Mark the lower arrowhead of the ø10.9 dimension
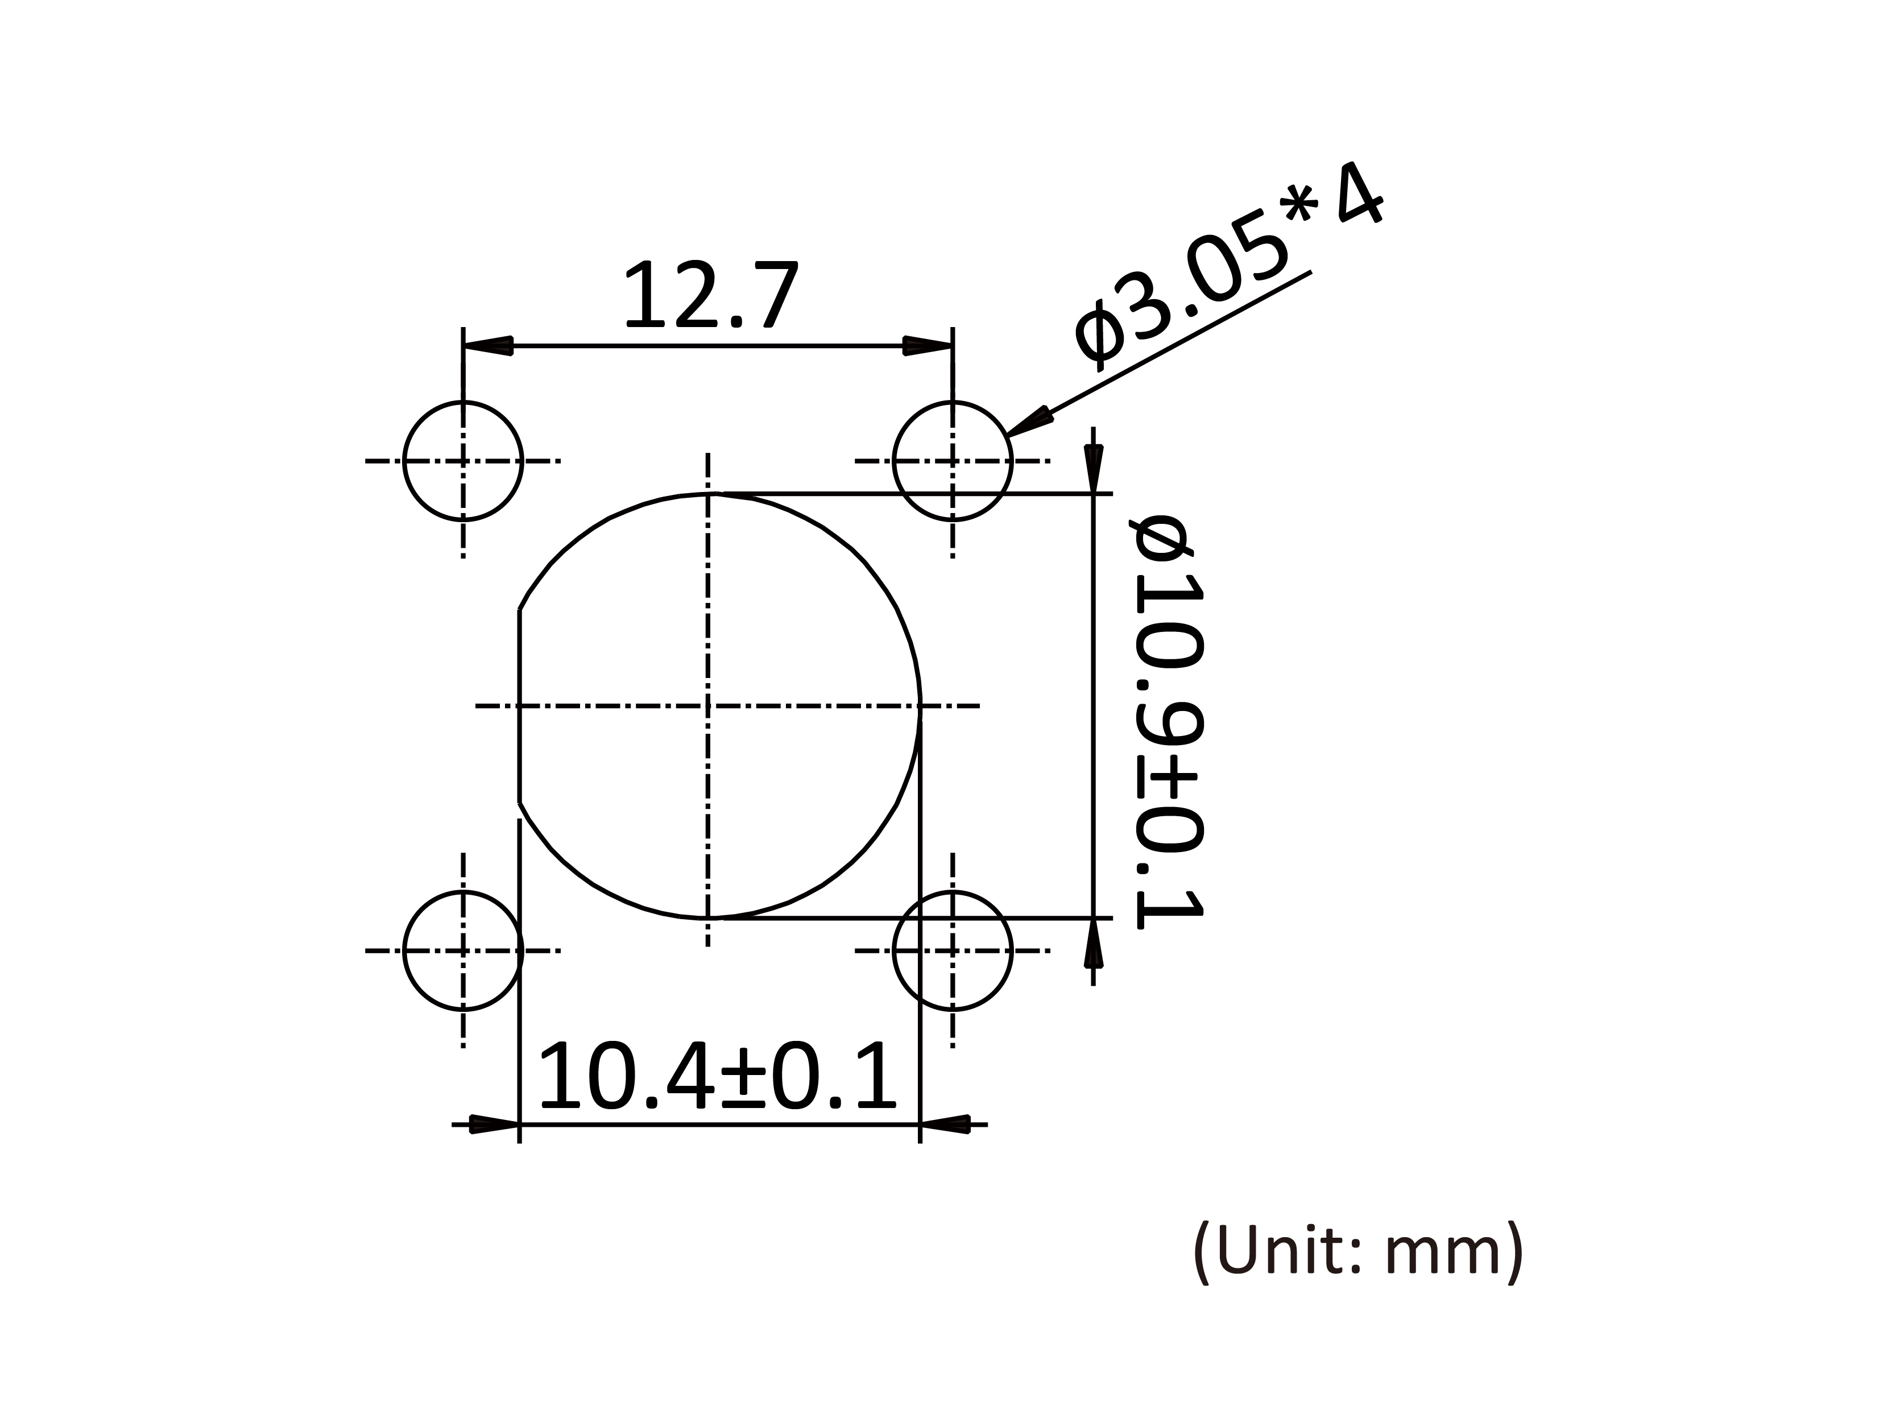1093,943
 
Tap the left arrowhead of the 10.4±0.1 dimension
495,1124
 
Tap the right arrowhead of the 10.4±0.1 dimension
943,1124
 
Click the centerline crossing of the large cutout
708,705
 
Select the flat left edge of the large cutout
519,705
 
